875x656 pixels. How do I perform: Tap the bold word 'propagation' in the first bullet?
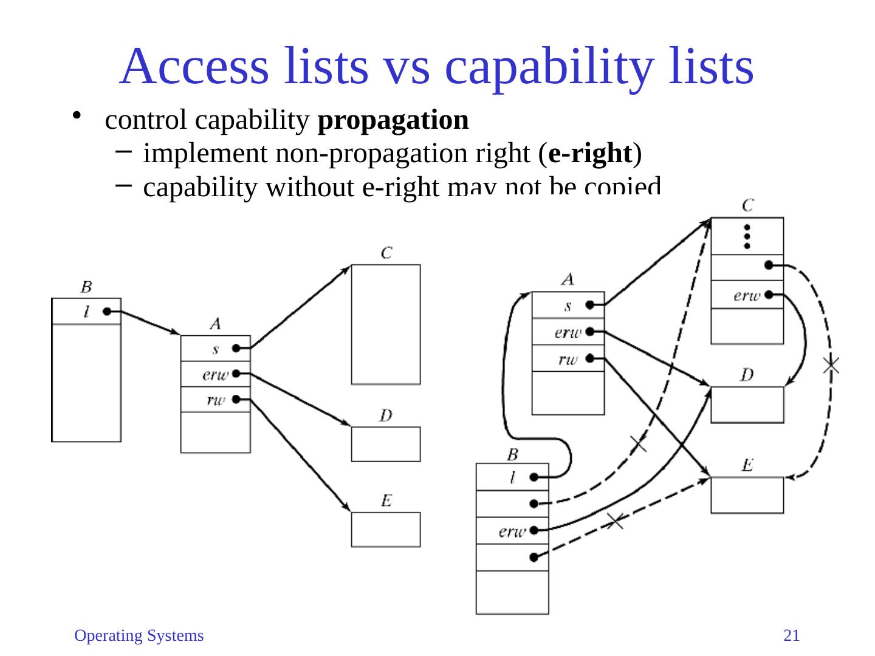393,120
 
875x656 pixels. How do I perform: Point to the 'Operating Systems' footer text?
139,635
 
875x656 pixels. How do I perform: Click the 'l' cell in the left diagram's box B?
86,312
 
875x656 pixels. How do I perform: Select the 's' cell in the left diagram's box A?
215,349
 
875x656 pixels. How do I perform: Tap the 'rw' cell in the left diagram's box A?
215,399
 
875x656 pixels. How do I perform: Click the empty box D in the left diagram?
385,444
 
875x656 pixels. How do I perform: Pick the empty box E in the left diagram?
385,529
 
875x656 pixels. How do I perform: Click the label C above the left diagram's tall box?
386,253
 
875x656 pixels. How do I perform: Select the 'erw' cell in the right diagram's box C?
747,295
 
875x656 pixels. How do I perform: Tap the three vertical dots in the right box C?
747,237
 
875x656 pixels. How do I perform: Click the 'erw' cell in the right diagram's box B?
512,531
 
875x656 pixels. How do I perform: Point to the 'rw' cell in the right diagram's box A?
568,358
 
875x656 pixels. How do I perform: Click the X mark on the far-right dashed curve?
831,365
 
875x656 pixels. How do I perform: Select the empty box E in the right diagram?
747,495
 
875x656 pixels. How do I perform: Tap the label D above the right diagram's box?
747,375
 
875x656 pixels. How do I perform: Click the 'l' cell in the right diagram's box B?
512,477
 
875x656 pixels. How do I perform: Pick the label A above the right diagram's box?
568,279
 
